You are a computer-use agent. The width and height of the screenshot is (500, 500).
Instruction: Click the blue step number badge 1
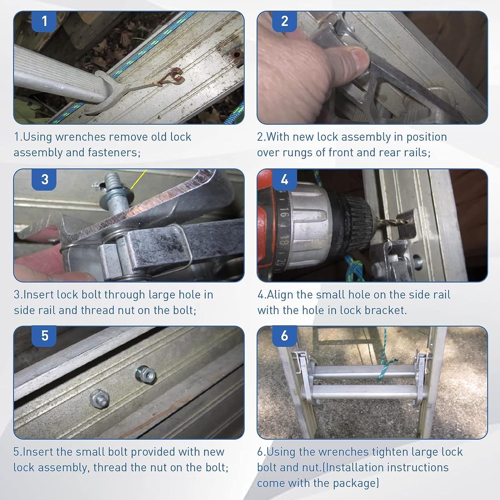[x=45, y=22]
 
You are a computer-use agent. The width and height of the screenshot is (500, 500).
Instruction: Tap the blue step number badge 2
[x=284, y=22]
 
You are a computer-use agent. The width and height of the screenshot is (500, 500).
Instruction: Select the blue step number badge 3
[x=45, y=180]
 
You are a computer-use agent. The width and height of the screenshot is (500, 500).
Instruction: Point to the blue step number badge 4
[x=284, y=180]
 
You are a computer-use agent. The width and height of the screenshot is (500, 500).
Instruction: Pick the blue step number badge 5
[x=45, y=336]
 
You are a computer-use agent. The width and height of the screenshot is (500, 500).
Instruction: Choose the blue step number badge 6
[x=284, y=336]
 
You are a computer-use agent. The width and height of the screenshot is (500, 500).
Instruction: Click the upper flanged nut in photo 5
[x=145, y=375]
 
